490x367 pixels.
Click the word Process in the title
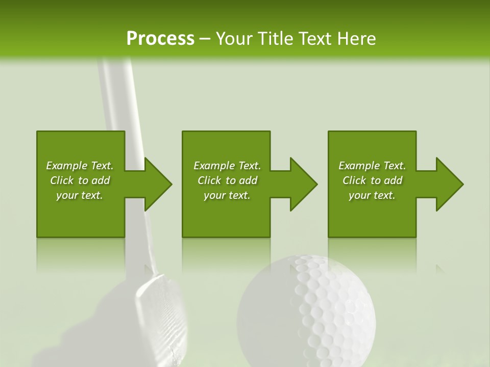click(160, 38)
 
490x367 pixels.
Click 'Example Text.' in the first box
click(80, 166)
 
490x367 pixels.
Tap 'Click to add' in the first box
click(80, 180)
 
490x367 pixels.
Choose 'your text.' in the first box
click(80, 195)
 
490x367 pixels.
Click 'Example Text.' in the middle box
click(227, 166)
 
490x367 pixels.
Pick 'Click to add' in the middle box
click(227, 180)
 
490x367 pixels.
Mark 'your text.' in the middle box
click(227, 195)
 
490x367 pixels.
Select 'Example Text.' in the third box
click(372, 166)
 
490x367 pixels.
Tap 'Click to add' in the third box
click(372, 180)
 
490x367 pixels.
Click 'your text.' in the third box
click(372, 195)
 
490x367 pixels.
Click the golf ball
click(306, 311)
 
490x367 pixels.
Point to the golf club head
click(153, 311)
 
